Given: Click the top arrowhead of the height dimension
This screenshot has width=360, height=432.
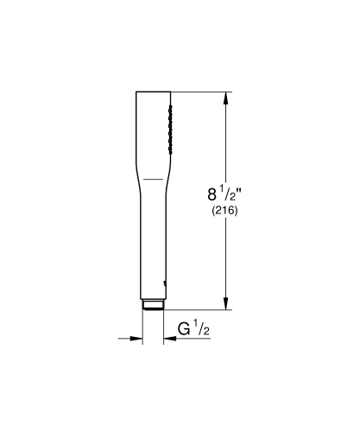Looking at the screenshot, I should point(227,97).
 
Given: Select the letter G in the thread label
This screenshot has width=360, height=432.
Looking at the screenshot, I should point(184,329).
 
